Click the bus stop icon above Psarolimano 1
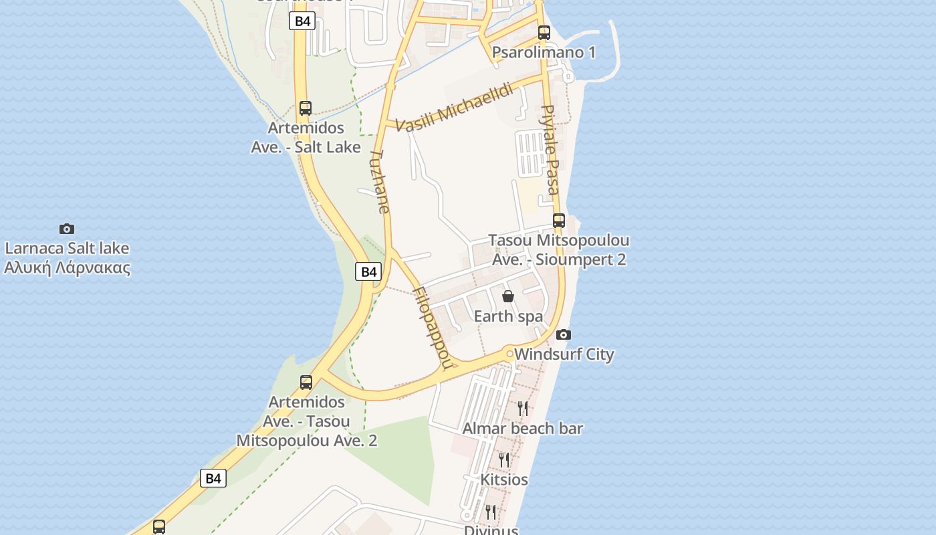(x=544, y=32)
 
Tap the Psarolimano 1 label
(x=544, y=52)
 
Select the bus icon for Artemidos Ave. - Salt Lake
(x=306, y=108)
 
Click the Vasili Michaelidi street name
(x=454, y=107)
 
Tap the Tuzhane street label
(x=379, y=181)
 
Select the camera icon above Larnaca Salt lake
(x=67, y=229)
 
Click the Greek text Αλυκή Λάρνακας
(x=67, y=268)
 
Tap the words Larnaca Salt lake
(x=67, y=248)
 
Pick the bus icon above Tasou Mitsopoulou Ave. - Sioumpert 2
(x=559, y=220)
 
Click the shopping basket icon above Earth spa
(x=508, y=296)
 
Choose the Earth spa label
(x=508, y=316)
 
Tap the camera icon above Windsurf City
(x=564, y=334)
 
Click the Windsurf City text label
(x=564, y=354)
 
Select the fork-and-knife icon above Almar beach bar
(x=523, y=408)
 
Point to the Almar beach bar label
(x=523, y=428)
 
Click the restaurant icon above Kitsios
(x=504, y=459)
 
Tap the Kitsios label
(x=504, y=479)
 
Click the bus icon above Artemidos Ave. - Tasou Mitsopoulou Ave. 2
(x=306, y=383)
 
